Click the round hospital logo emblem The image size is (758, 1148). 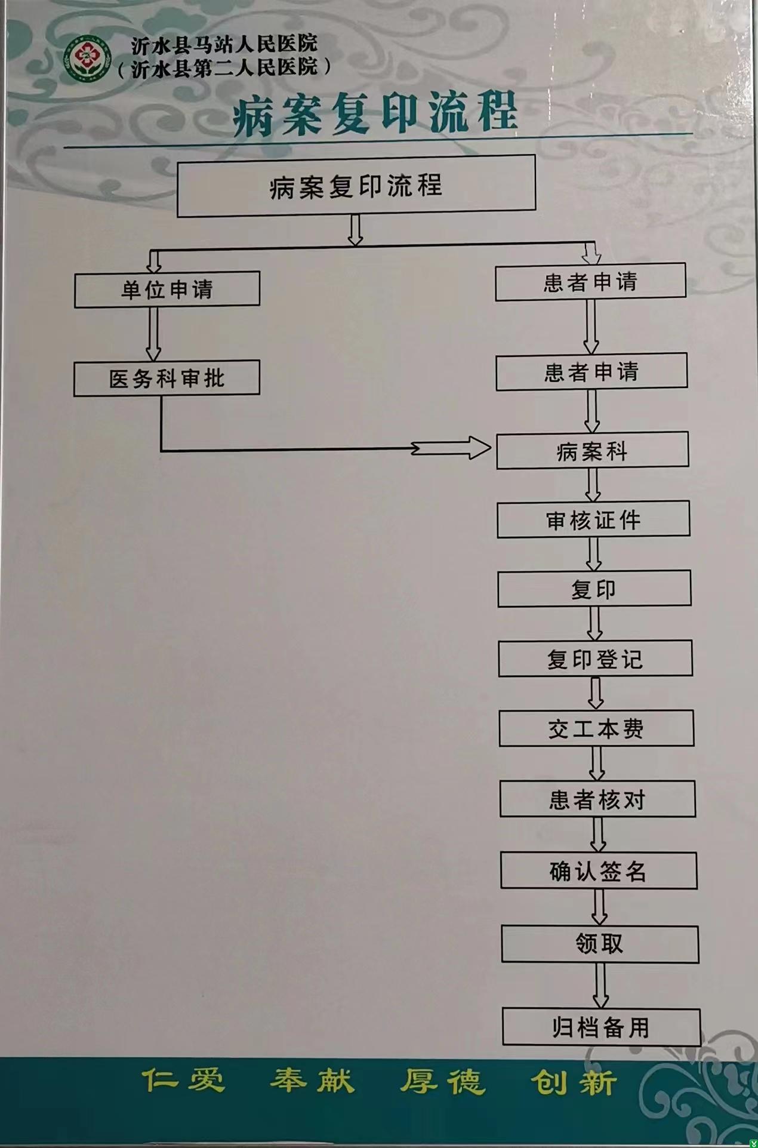click(88, 58)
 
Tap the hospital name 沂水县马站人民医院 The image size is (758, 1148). click(224, 44)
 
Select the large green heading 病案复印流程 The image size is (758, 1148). click(375, 113)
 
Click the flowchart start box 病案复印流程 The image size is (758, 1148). click(356, 186)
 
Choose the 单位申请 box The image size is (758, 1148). click(167, 290)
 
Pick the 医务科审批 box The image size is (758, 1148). click(167, 378)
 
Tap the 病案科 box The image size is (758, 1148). click(592, 451)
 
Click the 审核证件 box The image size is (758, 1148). click(593, 519)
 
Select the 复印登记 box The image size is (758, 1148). click(595, 658)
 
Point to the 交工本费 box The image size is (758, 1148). click(596, 728)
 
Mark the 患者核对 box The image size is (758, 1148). click(597, 799)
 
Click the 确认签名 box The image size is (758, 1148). click(599, 871)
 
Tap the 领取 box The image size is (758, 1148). click(600, 944)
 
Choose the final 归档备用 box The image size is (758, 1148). click(601, 1027)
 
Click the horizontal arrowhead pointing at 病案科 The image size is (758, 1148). click(477, 448)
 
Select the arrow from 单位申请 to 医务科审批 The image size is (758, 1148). click(153, 334)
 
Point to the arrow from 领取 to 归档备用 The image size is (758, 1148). click(600, 985)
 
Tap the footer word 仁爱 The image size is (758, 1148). click(183, 1081)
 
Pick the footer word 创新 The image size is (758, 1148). click(573, 1082)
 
